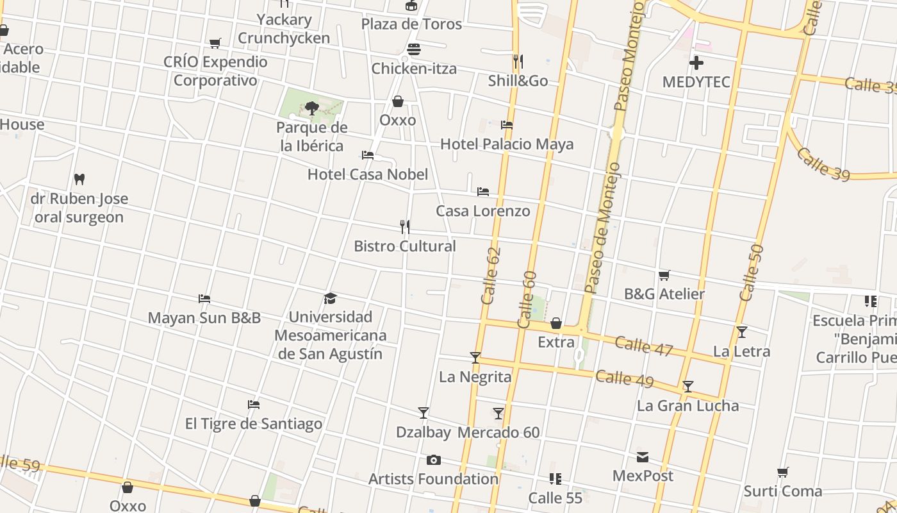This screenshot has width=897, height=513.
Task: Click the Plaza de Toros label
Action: pyautogui.click(x=411, y=24)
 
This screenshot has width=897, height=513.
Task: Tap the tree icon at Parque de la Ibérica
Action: pyautogui.click(x=312, y=108)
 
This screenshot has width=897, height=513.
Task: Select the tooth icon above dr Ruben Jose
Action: pyautogui.click(x=79, y=179)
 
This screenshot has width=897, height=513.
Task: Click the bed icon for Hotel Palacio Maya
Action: pyautogui.click(x=507, y=125)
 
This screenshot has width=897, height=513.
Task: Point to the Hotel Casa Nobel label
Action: pyautogui.click(x=368, y=174)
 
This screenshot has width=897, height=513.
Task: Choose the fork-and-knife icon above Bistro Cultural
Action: pyautogui.click(x=405, y=227)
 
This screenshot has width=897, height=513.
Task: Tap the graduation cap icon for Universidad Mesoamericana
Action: pyautogui.click(x=330, y=298)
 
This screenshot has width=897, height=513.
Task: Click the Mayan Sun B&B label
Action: pyautogui.click(x=204, y=318)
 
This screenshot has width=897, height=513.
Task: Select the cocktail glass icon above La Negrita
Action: pyautogui.click(x=475, y=358)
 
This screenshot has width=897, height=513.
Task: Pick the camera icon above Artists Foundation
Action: pyautogui.click(x=434, y=460)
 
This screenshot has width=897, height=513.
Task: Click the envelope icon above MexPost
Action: pyautogui.click(x=643, y=457)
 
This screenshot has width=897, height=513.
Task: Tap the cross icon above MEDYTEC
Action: pyautogui.click(x=696, y=63)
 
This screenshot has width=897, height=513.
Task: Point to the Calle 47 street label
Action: pyautogui.click(x=644, y=346)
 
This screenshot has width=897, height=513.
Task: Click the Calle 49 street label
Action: pyautogui.click(x=625, y=379)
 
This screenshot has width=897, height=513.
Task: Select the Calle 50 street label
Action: pyautogui.click(x=752, y=273)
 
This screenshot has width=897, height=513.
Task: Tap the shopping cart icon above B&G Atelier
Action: pyautogui.click(x=664, y=275)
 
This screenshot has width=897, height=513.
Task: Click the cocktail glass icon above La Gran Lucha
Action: pyautogui.click(x=687, y=387)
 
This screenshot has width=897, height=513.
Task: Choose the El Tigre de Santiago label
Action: pyautogui.click(x=254, y=424)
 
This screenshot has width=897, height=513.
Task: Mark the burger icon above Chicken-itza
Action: pyautogui.click(x=414, y=49)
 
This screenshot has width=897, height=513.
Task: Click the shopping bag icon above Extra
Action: pyautogui.click(x=556, y=323)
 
